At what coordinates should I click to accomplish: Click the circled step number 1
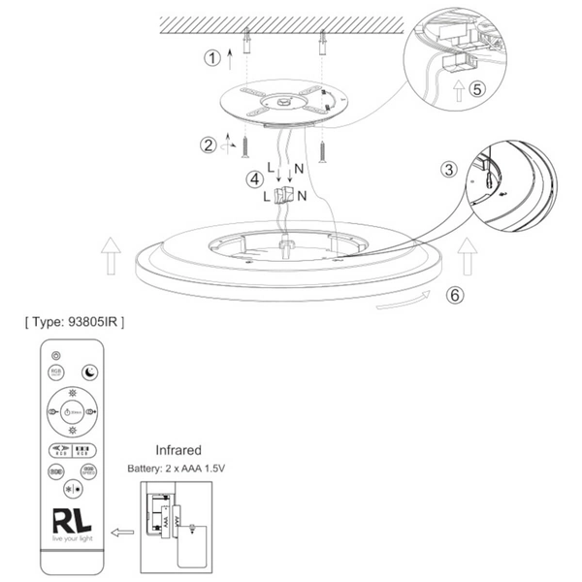click(x=211, y=57)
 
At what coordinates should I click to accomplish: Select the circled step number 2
click(x=209, y=145)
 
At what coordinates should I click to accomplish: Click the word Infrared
click(x=178, y=450)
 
